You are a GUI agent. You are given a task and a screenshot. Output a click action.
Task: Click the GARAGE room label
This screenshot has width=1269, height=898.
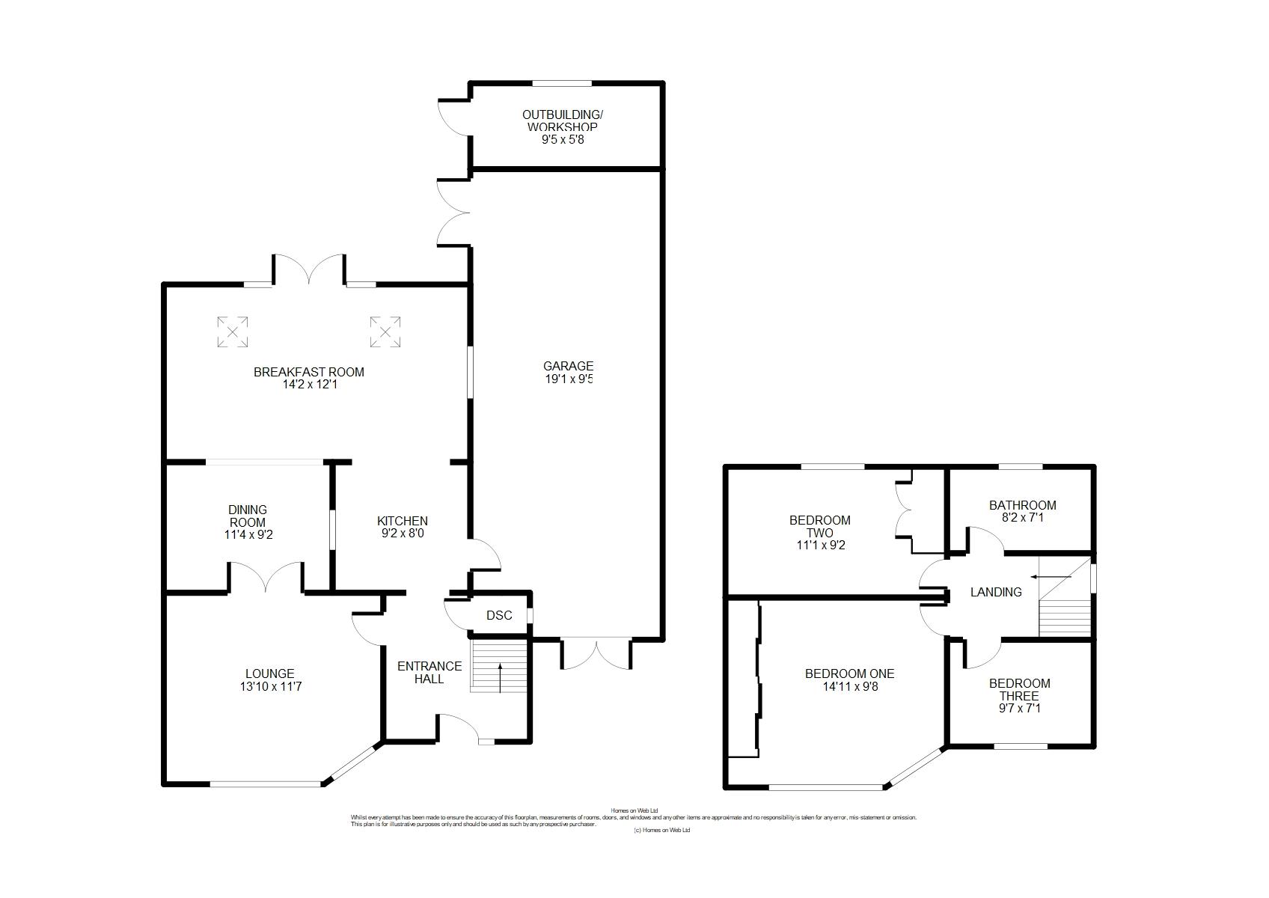point(568,366)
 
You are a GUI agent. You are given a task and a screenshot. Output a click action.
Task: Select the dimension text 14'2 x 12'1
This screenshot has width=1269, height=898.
point(309,385)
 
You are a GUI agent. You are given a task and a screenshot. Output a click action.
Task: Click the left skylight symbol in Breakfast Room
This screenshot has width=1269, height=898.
point(232,332)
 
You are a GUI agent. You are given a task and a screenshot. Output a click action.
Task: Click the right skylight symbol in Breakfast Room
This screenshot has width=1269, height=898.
point(385,332)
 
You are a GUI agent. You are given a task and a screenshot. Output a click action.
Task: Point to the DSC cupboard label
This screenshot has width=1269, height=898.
point(499,615)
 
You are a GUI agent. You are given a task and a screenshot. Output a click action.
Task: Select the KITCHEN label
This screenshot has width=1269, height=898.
point(402,521)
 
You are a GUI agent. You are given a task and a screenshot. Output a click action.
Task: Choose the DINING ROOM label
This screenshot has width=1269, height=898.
point(247,516)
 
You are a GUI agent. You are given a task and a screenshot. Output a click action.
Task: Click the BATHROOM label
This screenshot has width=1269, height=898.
point(1022,505)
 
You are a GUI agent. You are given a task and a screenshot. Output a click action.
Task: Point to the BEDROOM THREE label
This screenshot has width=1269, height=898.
point(1019,689)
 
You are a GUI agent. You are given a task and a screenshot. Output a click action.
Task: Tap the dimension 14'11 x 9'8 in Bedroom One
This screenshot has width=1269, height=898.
point(849,686)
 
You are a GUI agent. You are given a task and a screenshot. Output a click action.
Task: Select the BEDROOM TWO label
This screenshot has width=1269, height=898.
point(820,526)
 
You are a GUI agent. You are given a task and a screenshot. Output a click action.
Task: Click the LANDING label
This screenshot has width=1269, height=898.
point(995,592)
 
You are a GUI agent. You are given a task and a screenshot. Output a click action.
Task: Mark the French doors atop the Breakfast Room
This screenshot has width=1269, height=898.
point(309,269)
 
